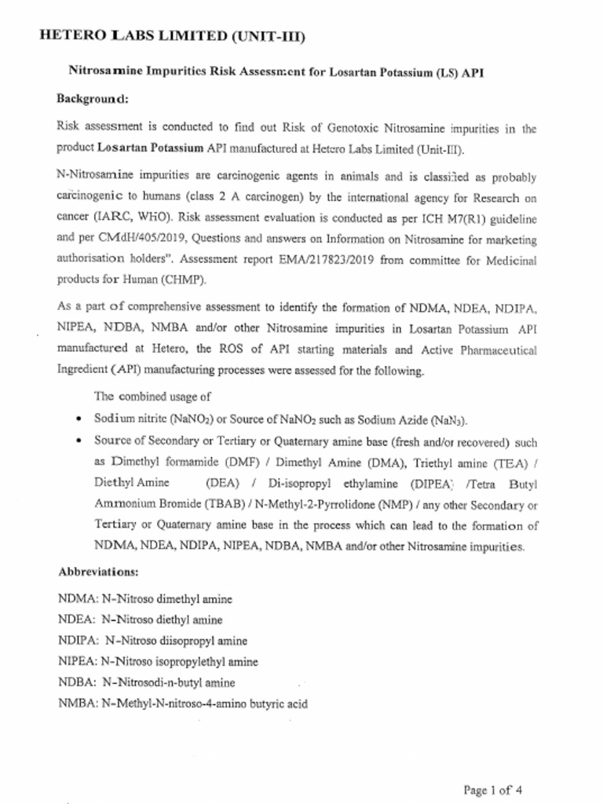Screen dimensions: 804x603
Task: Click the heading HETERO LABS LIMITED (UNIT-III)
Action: (x=172, y=36)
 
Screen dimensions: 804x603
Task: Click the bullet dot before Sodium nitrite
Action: (x=79, y=420)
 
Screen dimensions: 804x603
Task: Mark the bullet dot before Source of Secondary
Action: (x=79, y=441)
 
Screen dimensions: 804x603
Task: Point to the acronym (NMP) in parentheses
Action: (x=382, y=504)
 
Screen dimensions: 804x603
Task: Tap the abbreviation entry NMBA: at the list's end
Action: (x=182, y=703)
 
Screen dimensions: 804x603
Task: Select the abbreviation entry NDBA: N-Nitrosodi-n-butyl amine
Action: (x=146, y=682)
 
